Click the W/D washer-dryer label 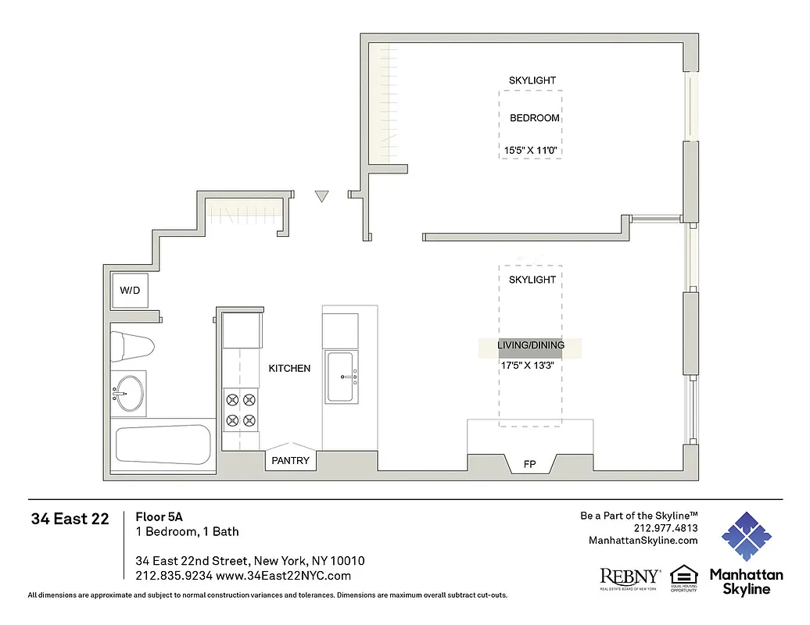point(130,291)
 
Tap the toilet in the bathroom point(131,345)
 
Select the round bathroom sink point(130,392)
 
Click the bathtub point(163,445)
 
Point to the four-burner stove point(241,410)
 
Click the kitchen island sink point(342,377)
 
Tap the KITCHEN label point(289,368)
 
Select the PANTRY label point(290,461)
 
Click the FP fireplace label point(529,464)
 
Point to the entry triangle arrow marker point(321,197)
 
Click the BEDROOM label point(535,118)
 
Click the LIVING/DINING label point(531,345)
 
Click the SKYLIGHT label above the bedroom point(532,80)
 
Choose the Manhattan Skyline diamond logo point(746,537)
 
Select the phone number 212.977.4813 point(665,528)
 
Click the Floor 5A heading point(159,516)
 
